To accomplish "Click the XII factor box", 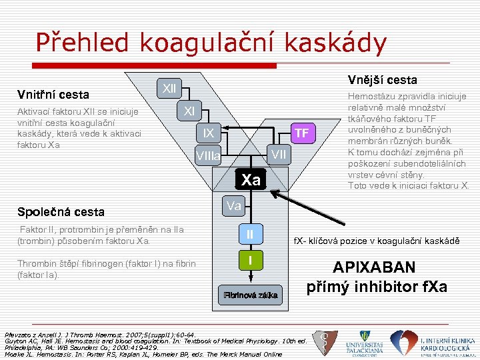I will pyautogui.click(x=170, y=88).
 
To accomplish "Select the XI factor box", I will pyautogui.click(x=189, y=111).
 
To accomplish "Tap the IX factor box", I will pyautogui.click(x=209, y=133).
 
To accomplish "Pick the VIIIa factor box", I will pyautogui.click(x=208, y=157).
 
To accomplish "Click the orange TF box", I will pyautogui.click(x=302, y=133).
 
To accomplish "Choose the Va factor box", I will pyautogui.click(x=233, y=206).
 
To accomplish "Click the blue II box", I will pyautogui.click(x=250, y=234).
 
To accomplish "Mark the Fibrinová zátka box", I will pyautogui.click(x=251, y=294).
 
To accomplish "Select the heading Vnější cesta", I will pyautogui.click(x=382, y=80).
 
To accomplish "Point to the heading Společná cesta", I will pyautogui.click(x=61, y=212).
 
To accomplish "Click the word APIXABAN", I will pyautogui.click(x=374, y=268).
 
